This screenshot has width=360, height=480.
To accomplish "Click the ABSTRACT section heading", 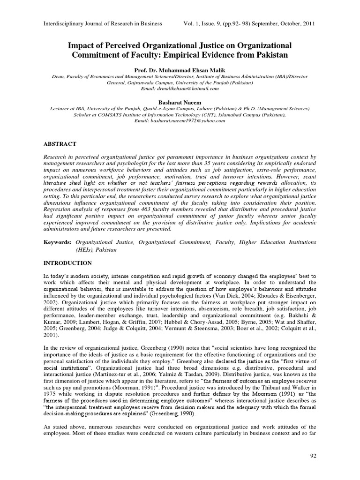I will point(60,143).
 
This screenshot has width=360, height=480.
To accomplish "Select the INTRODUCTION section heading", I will point(67,263).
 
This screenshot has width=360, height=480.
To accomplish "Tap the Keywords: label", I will point(58,242).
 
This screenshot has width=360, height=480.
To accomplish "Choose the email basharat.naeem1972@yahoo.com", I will point(180,120).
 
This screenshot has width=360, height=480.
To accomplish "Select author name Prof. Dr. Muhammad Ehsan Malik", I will point(180,68).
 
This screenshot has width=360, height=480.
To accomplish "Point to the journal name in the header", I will point(103,23).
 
